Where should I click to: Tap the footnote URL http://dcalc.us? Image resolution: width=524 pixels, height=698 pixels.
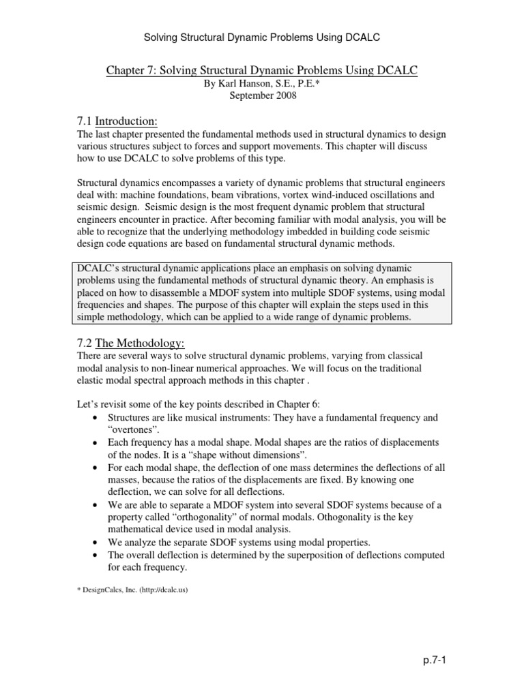pyautogui.click(x=162, y=590)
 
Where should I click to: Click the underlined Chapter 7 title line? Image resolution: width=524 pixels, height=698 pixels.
pyautogui.click(x=262, y=71)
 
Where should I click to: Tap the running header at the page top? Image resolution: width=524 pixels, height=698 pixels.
pyautogui.click(x=262, y=36)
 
